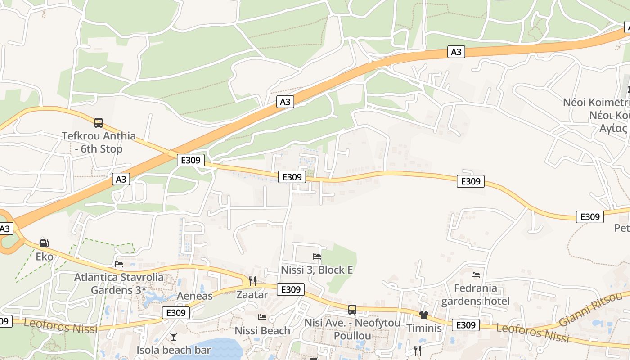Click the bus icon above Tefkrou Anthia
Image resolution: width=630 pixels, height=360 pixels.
pyautogui.click(x=98, y=122)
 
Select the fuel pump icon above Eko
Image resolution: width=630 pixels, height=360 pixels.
pyautogui.click(x=44, y=243)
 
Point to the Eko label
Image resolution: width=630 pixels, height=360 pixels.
pyautogui.click(x=45, y=257)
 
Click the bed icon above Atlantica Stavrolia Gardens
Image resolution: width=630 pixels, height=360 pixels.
pyautogui.click(x=119, y=264)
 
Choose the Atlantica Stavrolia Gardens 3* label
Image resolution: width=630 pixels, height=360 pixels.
pyautogui.click(x=119, y=283)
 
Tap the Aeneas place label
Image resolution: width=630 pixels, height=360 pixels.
pyautogui.click(x=194, y=296)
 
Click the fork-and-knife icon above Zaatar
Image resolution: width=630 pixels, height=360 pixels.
pyautogui.click(x=252, y=281)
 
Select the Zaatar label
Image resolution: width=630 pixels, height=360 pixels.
pyautogui.click(x=252, y=295)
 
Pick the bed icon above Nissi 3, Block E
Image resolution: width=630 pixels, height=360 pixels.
pyautogui.click(x=317, y=256)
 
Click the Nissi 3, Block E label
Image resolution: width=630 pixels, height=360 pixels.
pyautogui.click(x=317, y=270)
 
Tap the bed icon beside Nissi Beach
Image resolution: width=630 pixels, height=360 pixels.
pyautogui.click(x=262, y=317)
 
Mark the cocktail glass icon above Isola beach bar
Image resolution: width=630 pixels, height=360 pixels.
pyautogui.click(x=174, y=337)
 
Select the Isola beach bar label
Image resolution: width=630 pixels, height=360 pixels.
pyautogui.click(x=174, y=350)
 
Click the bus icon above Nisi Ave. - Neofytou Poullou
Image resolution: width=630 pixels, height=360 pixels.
pyautogui.click(x=352, y=310)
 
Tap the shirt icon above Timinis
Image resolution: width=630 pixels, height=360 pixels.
pyautogui.click(x=424, y=315)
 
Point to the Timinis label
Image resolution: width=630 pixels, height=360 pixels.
pyautogui.click(x=424, y=328)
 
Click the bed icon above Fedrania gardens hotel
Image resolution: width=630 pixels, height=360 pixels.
pyautogui.click(x=476, y=274)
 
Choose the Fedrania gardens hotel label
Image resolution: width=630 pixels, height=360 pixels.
pyautogui.click(x=476, y=294)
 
